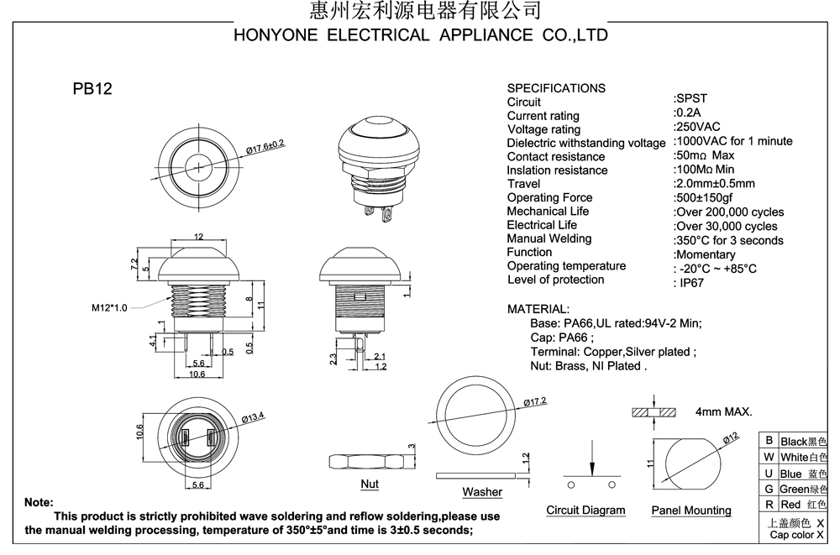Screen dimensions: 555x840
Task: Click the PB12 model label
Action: click(x=92, y=90)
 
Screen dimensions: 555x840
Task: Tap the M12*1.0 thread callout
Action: click(x=109, y=308)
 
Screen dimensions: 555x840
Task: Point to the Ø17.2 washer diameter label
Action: click(x=534, y=403)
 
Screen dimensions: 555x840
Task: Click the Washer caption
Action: click(x=481, y=492)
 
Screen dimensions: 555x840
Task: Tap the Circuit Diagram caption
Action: click(x=585, y=510)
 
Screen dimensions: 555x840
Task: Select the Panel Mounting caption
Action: click(x=690, y=510)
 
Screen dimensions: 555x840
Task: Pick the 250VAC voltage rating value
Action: click(x=698, y=127)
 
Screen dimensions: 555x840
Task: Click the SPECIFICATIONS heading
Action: click(x=556, y=88)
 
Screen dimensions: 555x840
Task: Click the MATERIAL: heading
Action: click(x=538, y=309)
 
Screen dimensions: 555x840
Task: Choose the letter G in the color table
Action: click(x=768, y=489)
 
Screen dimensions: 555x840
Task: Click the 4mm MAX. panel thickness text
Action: click(x=723, y=412)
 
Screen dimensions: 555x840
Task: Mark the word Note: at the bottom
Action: click(x=39, y=501)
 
